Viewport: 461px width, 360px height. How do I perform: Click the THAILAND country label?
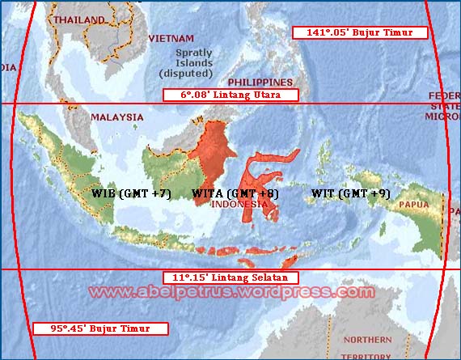pyautogui.click(x=78, y=19)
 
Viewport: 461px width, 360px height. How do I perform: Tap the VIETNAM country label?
pyautogui.click(x=171, y=38)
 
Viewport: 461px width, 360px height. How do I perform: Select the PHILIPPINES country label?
pyautogui.click(x=260, y=83)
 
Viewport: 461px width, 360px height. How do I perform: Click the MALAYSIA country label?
pyautogui.click(x=116, y=117)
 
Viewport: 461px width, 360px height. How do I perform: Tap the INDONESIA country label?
pyautogui.click(x=239, y=205)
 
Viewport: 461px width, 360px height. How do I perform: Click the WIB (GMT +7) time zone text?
pyautogui.click(x=131, y=194)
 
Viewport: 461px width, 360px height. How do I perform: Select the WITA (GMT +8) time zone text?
pyautogui.click(x=235, y=194)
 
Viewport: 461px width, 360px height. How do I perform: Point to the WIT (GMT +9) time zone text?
pyautogui.click(x=350, y=194)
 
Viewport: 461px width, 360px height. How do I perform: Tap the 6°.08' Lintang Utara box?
pyautogui.click(x=230, y=95)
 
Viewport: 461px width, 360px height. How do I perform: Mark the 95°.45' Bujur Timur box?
pyautogui.click(x=100, y=328)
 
